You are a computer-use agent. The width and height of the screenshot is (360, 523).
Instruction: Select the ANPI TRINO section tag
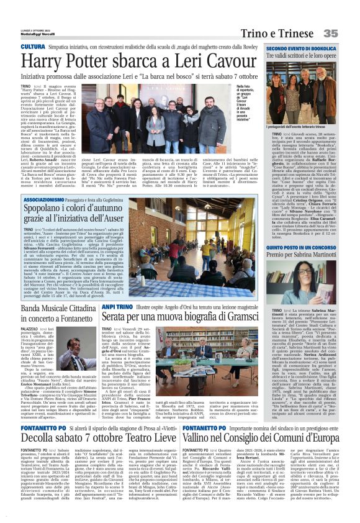pyautogui.click(x=115, y=306)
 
